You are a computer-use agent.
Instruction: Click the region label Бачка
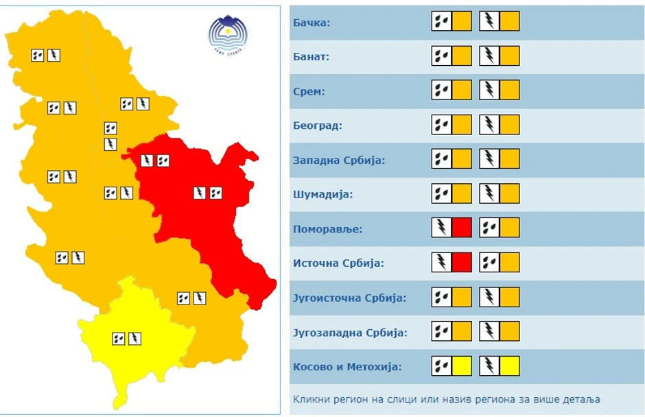pos(312,23)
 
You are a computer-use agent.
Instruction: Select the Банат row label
pos(311,57)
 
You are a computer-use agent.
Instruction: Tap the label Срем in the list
pos(309,91)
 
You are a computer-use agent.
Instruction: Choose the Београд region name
pos(317,126)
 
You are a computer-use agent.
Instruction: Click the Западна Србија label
pos(339,160)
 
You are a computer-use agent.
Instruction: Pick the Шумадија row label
pos(322,195)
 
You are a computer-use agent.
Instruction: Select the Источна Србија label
pos(338,263)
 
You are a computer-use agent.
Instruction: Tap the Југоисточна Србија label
pos(349,298)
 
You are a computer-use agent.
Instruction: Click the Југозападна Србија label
pos(350,333)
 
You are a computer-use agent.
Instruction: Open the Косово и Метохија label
pos(347,367)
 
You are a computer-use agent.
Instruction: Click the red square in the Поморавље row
pos(462,227)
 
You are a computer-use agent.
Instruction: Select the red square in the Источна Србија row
pos(462,262)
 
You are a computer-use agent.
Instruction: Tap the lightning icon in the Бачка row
pos(489,21)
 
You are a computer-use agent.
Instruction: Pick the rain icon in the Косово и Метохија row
pos(442,366)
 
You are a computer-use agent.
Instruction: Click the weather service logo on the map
pos(228,36)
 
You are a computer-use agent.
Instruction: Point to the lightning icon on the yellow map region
pos(135,338)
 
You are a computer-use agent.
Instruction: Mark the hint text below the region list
pos(447,399)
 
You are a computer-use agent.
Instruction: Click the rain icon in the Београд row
pos(442,124)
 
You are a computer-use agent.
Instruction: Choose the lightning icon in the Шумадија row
pos(489,193)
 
